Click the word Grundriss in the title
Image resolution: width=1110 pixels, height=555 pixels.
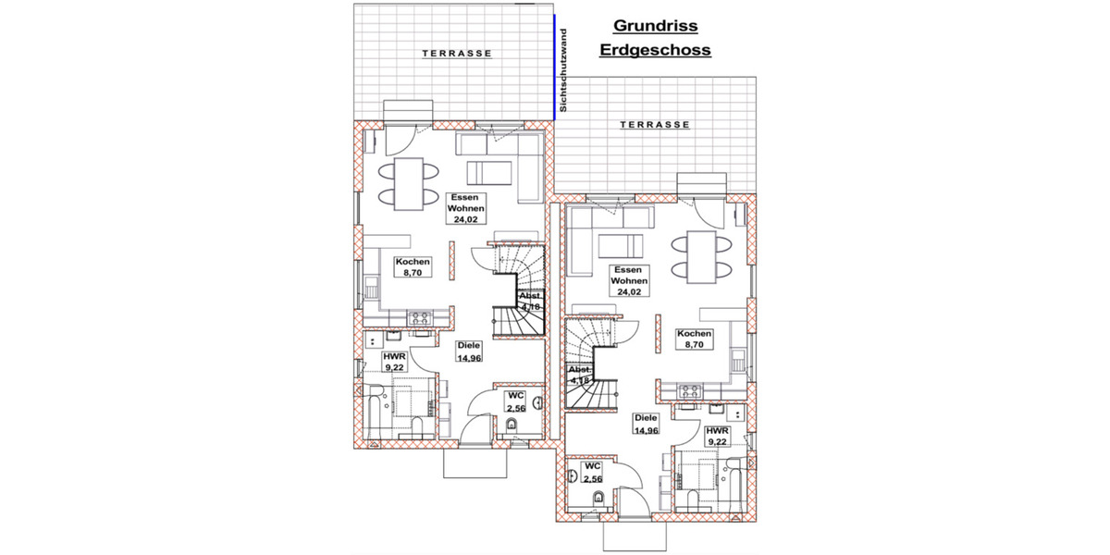tap(655, 27)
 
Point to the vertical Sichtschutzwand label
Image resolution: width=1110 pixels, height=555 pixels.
tap(564, 70)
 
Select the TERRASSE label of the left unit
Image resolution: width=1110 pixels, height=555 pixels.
tap(457, 54)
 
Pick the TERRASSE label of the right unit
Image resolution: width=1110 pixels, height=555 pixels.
tap(655, 124)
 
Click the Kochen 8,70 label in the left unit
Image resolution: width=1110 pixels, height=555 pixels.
tap(413, 268)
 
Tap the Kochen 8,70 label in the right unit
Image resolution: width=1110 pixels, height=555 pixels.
tap(694, 339)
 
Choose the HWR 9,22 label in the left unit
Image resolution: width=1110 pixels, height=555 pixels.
tap(394, 362)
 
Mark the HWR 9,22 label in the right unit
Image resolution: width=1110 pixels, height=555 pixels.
tap(716, 437)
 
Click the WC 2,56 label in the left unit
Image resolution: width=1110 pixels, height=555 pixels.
tap(515, 402)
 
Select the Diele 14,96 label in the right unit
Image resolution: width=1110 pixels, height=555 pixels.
tap(646, 424)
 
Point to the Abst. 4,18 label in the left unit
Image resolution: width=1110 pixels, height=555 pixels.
tap(530, 302)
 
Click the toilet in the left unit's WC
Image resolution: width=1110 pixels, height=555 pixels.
tap(511, 426)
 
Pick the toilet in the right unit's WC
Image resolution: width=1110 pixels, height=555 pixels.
tap(598, 500)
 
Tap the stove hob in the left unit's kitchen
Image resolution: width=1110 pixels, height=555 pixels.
tap(421, 317)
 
